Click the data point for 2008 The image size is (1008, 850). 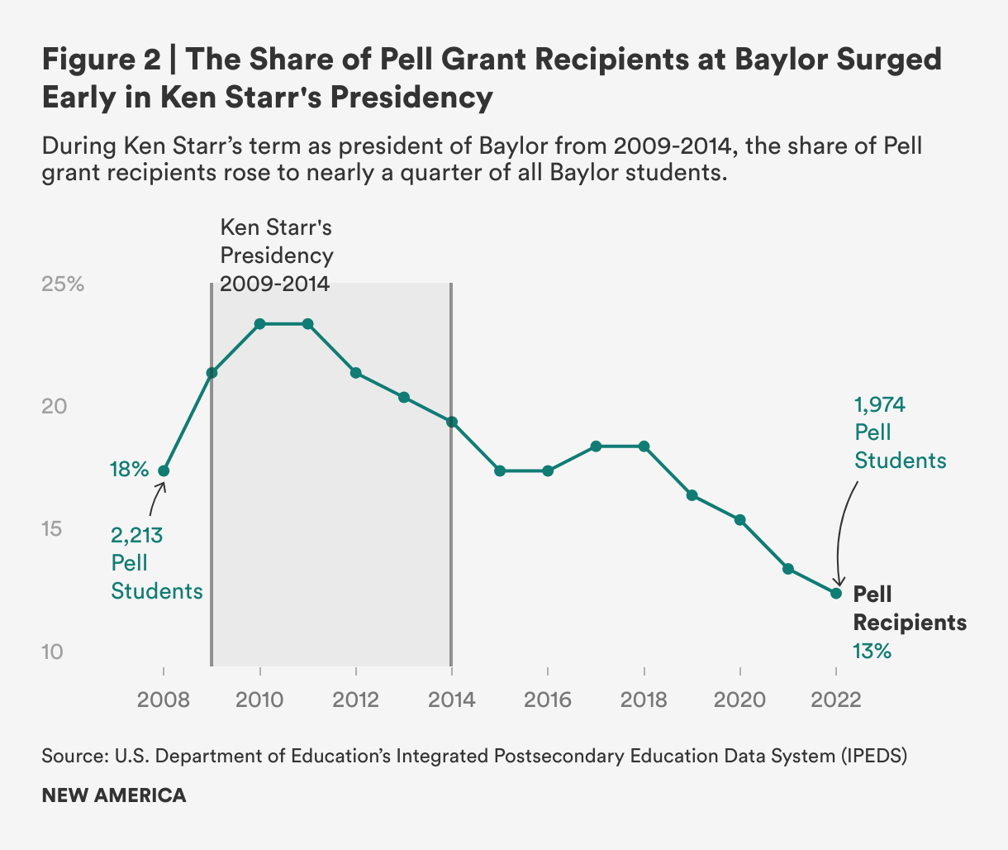pyautogui.click(x=164, y=470)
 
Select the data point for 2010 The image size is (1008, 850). pyautogui.click(x=259, y=323)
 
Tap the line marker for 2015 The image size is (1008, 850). pyautogui.click(x=500, y=470)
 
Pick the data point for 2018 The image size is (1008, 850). pyautogui.click(x=644, y=446)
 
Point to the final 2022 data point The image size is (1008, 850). pyautogui.click(x=836, y=593)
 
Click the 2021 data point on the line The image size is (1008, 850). pyautogui.click(x=788, y=569)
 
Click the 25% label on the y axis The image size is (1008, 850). pyautogui.click(x=63, y=284)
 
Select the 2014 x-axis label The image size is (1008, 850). pyautogui.click(x=451, y=700)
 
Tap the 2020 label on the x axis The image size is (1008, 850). pyautogui.click(x=739, y=700)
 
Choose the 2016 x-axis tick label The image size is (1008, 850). pyautogui.click(x=548, y=700)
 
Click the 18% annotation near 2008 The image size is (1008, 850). pyautogui.click(x=129, y=470)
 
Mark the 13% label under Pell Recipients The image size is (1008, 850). pyautogui.click(x=872, y=652)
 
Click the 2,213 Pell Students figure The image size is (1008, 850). pyautogui.click(x=137, y=536)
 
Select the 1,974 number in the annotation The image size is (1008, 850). pyautogui.click(x=880, y=404)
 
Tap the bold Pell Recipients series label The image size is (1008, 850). pyautogui.click(x=909, y=608)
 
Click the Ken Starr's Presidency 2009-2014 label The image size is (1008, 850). pyautogui.click(x=276, y=255)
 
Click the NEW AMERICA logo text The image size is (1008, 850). pyautogui.click(x=114, y=795)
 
